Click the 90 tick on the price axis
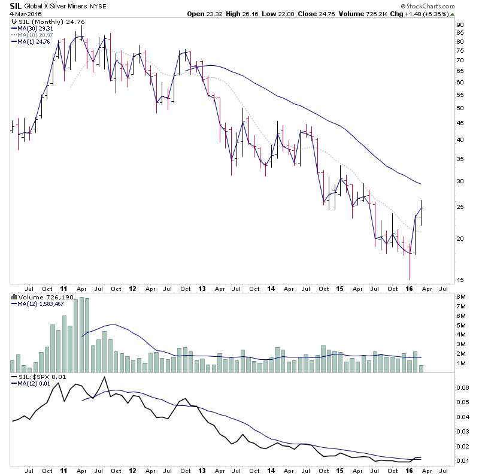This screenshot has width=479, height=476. [460, 25]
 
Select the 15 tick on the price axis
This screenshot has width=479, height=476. [460, 280]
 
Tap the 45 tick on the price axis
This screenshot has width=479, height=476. [460, 123]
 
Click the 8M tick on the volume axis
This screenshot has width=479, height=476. [462, 297]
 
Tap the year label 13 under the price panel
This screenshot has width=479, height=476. [203, 288]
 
